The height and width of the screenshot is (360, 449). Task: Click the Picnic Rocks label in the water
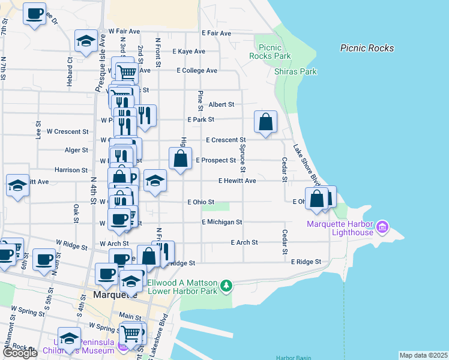[x=367, y=48]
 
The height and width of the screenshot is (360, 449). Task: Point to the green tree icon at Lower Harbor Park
[x=226, y=286]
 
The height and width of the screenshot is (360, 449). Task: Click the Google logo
[x=20, y=353]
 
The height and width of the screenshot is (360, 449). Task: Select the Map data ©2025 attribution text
[x=423, y=355]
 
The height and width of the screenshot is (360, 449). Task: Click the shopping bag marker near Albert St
[x=265, y=122]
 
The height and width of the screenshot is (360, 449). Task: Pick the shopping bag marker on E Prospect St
[x=181, y=160]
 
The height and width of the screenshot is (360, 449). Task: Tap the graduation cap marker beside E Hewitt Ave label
[x=155, y=181]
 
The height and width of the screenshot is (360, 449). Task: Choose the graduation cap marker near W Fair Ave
[x=86, y=41]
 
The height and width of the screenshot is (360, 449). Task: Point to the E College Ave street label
[x=197, y=70]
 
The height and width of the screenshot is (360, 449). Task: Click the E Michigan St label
[x=221, y=222]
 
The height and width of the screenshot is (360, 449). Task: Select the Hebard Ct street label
[x=70, y=68]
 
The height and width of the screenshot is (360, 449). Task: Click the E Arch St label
[x=244, y=242]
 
